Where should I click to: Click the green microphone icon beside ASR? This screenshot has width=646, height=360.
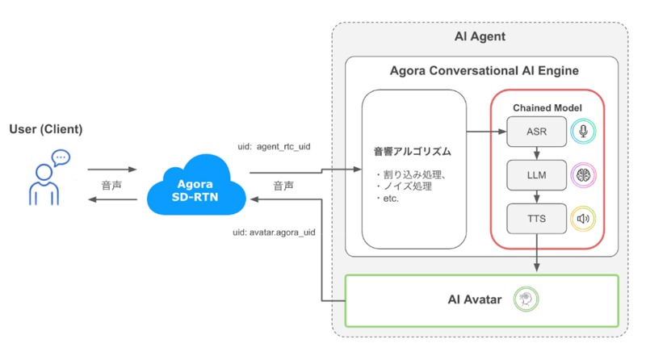click(x=582, y=132)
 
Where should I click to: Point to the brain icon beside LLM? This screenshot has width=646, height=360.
click(x=582, y=174)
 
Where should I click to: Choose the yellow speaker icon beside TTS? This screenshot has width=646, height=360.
click(x=582, y=218)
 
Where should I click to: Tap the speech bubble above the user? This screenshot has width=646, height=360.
click(x=61, y=157)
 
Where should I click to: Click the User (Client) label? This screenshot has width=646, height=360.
click(x=46, y=129)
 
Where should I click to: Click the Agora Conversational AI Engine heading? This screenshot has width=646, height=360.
click(x=481, y=71)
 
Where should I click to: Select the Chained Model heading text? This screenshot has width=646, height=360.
click(x=547, y=108)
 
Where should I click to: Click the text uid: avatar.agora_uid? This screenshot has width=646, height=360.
click(x=274, y=232)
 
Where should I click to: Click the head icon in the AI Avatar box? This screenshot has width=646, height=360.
click(x=526, y=300)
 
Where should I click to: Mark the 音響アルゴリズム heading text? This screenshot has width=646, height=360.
click(x=412, y=151)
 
